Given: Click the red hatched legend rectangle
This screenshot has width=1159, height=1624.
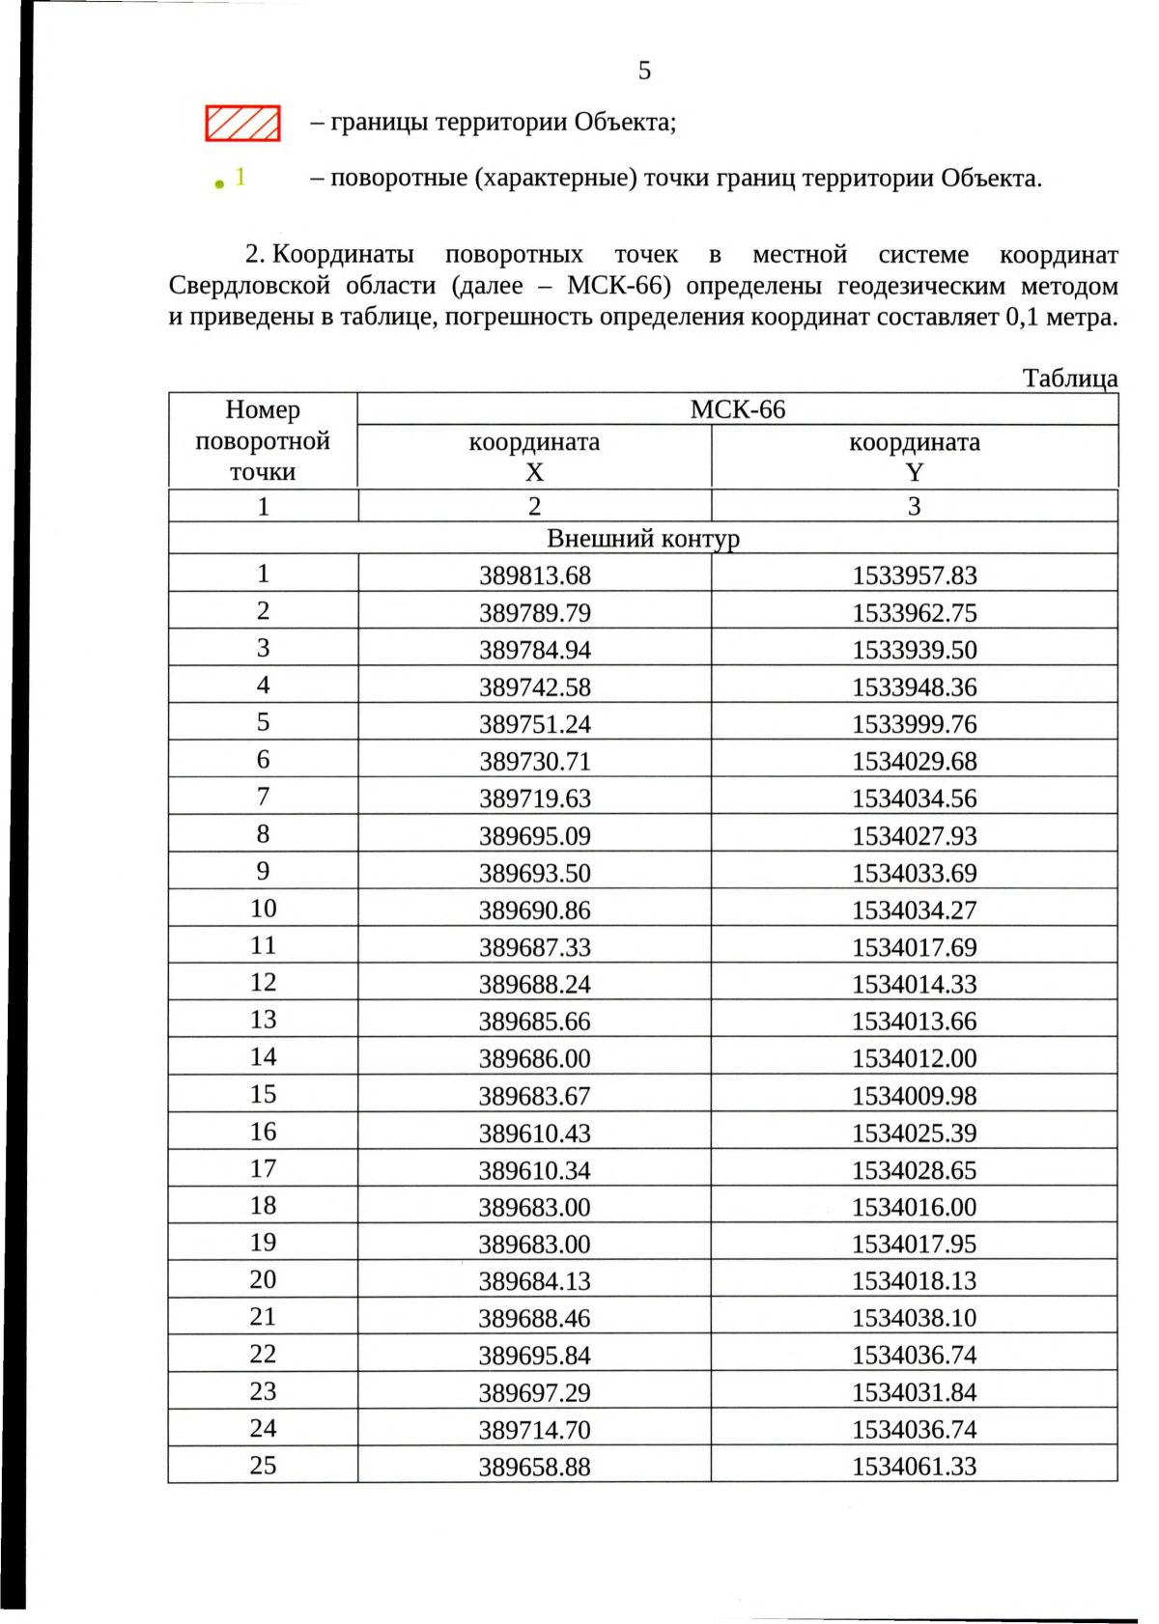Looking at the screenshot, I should coord(242,124).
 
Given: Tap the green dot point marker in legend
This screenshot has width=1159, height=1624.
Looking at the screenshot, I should coord(220,182).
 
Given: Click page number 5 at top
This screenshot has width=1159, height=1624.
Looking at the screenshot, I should coord(644,70).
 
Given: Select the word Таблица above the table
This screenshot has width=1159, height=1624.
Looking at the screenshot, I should coord(1069,378).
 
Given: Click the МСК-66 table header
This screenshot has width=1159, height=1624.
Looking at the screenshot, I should coord(737,409).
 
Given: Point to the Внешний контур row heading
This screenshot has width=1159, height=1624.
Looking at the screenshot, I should coord(642,538).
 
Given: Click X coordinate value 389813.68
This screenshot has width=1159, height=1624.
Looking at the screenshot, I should coord(534,575).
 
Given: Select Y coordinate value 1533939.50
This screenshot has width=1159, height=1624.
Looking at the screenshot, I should coord(914,650).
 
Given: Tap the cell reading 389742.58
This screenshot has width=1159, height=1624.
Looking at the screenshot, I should coord(534,687).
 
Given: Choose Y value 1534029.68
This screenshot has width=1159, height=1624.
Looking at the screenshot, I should coord(914,762).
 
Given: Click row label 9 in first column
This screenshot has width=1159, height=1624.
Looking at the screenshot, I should coord(263,871).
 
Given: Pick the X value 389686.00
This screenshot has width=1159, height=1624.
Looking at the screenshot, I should coord(534,1058).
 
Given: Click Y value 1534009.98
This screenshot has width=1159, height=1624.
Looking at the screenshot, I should coord(914,1096).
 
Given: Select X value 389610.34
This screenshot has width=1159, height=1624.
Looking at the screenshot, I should coord(534,1170).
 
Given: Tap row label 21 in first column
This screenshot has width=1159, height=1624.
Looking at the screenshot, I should coord(263,1317).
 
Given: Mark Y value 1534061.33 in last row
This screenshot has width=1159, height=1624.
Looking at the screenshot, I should coord(914,1467).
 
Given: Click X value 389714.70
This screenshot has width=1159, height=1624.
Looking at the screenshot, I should coord(534,1430).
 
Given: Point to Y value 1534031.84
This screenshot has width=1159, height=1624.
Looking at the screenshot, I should coord(914,1392).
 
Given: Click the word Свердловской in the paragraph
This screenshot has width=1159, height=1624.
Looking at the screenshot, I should coord(241,286).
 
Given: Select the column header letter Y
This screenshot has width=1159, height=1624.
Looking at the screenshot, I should coord(914,472).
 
